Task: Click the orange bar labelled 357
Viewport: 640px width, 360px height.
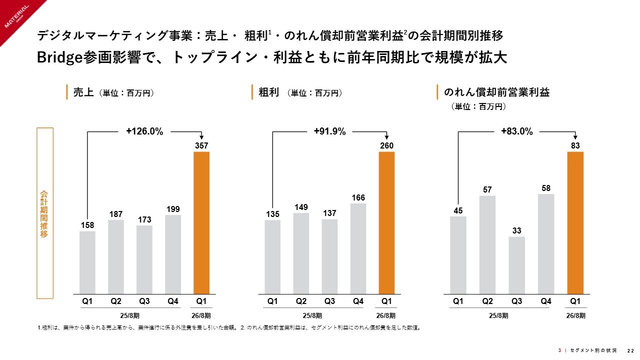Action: [201, 222]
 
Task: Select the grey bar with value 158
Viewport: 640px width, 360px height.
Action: [87, 262]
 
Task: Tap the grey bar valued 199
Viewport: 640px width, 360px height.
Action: [173, 254]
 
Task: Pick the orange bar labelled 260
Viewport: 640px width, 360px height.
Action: [386, 222]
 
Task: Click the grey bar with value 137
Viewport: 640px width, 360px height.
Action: [329, 256]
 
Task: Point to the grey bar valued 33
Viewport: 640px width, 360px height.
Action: [517, 265]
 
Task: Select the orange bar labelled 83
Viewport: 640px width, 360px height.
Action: [575, 222]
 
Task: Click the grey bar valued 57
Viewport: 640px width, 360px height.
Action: [487, 244]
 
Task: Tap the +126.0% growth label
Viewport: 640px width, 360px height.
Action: [144, 131]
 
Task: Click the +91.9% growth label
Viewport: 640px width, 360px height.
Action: [330, 131]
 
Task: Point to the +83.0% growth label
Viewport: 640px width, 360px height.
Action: [517, 131]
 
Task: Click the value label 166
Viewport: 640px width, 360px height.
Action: [358, 198]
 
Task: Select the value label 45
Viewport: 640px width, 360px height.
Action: [458, 211]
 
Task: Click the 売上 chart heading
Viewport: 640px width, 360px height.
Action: [83, 92]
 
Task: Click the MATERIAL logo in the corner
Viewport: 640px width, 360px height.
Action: [17, 17]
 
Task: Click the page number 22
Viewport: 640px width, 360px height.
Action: [631, 350]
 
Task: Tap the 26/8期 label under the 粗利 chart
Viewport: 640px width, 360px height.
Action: [386, 315]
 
